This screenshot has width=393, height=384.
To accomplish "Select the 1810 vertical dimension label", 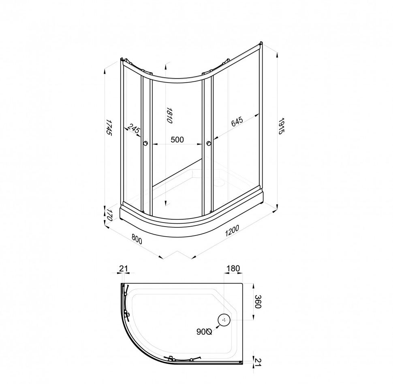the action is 169,115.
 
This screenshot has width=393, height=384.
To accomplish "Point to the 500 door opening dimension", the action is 177,140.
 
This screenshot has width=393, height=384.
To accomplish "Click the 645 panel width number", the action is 237,122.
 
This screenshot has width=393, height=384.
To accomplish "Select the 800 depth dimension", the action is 137,240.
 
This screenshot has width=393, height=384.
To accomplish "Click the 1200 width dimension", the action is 232,231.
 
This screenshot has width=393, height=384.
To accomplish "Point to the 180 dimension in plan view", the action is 233,269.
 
